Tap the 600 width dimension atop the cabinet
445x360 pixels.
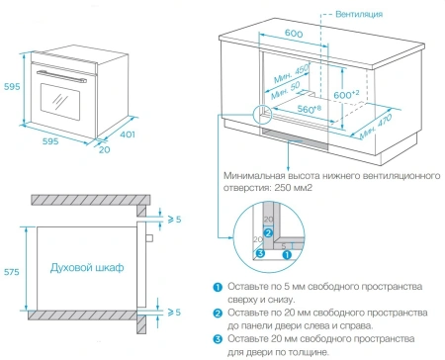click(x=293, y=33)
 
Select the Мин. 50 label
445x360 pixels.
click(x=289, y=87)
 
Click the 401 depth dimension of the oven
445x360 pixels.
click(x=128, y=135)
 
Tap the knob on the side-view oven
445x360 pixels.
click(x=148, y=237)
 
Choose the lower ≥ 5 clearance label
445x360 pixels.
click(x=173, y=312)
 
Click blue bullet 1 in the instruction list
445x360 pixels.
click(x=218, y=288)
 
